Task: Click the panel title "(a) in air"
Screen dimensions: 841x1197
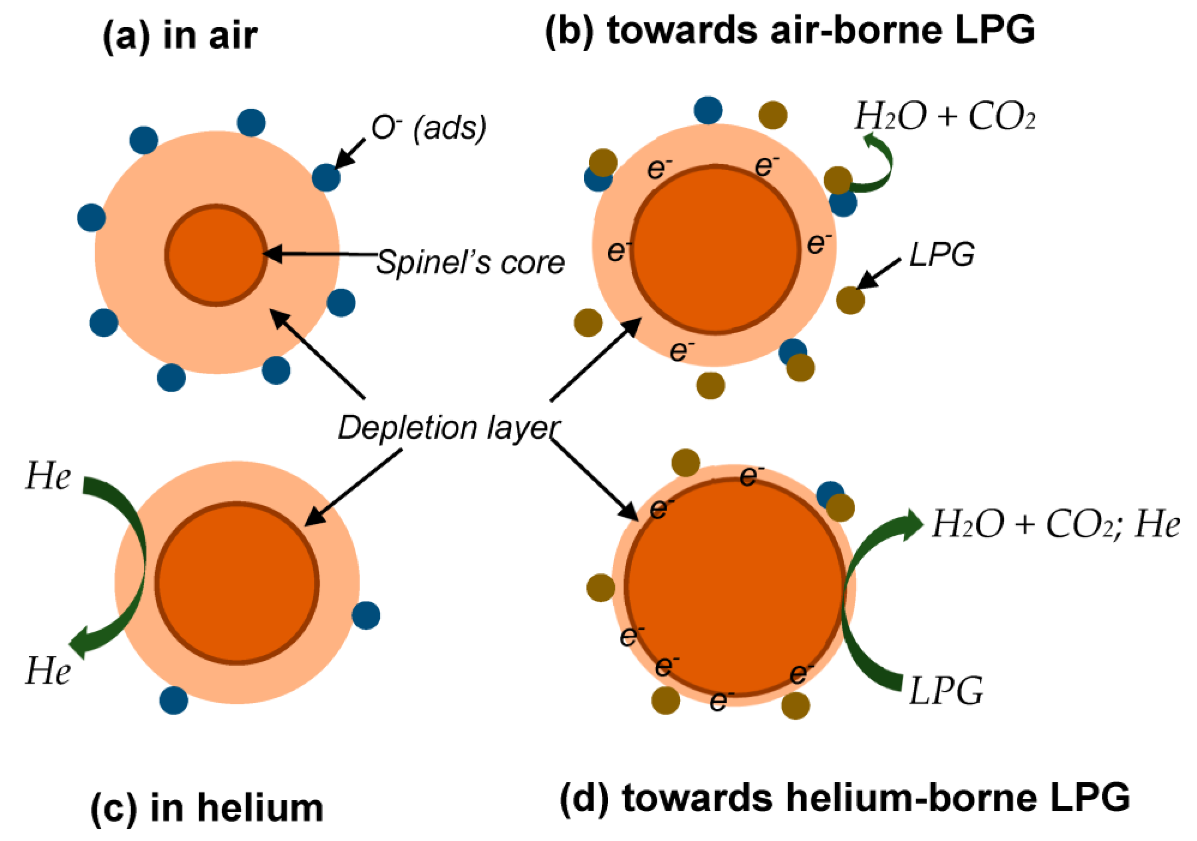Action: coord(180,36)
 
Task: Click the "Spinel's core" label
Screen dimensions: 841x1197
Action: coord(470,262)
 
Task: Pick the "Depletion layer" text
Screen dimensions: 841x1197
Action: coord(449,428)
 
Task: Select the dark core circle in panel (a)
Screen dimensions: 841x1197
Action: coord(216,255)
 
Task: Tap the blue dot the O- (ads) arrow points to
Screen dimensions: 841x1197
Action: coord(326,177)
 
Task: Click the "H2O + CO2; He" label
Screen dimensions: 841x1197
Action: coord(1056,524)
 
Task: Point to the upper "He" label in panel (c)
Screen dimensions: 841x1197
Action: coord(48,476)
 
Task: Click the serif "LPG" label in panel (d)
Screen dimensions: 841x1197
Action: coord(946,691)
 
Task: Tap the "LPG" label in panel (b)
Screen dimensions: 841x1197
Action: coord(941,255)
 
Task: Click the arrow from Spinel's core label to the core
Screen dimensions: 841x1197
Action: coord(323,254)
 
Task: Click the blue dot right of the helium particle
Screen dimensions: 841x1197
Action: coord(366,615)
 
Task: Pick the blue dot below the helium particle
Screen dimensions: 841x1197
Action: coord(174,700)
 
